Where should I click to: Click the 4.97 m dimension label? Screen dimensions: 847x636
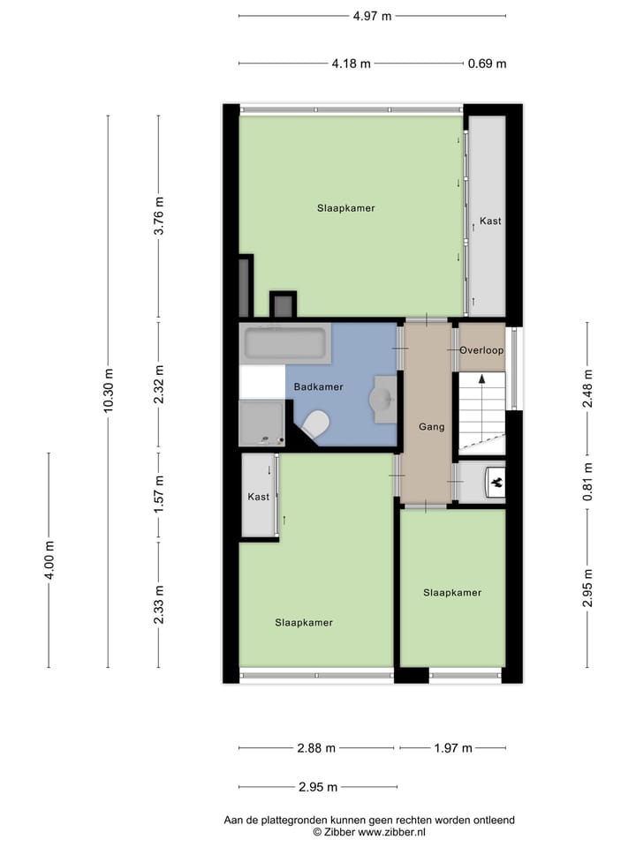coord(372,16)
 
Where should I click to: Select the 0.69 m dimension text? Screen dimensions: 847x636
coord(487,64)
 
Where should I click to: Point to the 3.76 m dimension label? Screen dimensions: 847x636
coord(159,215)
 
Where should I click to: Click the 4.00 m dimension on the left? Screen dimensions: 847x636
coord(49,559)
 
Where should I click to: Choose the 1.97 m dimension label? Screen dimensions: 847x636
coord(454,748)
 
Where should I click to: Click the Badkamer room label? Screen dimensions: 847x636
coord(319,387)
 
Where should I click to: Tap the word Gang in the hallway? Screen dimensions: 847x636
coord(431,427)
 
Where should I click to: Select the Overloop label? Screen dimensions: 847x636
coord(481,350)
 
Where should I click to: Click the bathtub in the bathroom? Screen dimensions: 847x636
coord(284,344)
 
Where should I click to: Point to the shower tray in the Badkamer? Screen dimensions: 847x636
coord(262,423)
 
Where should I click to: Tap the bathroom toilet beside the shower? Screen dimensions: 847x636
coord(314,426)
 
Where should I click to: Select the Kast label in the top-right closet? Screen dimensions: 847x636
coord(489,221)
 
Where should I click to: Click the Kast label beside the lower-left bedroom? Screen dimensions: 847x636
coord(259,497)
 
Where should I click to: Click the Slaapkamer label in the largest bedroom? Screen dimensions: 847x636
coord(346,208)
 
